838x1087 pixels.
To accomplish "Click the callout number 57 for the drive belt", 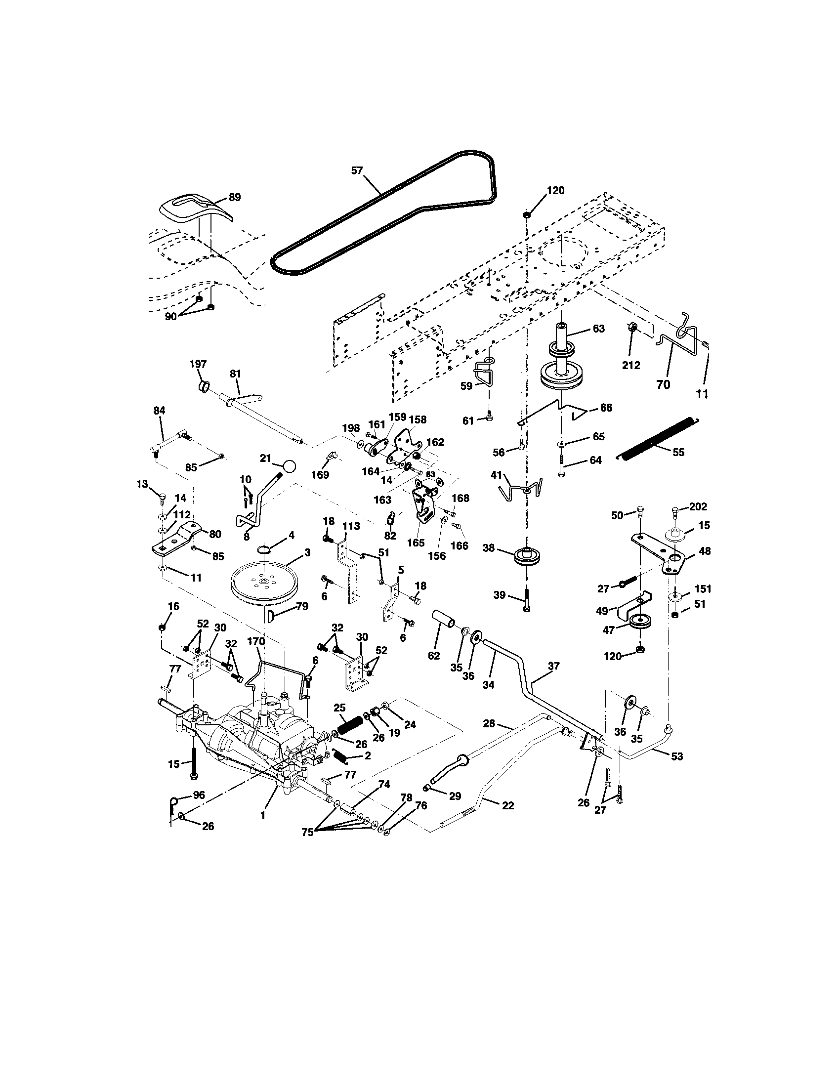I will coord(357,171).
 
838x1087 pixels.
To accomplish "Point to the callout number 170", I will coord(256,641).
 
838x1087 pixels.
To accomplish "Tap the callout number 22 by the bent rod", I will coord(507,805).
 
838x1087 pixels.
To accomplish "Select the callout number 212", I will coord(631,365).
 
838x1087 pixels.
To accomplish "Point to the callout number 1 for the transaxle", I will coord(263,816).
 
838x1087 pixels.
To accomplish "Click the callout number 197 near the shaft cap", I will coord(198,364).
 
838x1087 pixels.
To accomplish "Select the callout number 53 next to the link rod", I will coord(677,756).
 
